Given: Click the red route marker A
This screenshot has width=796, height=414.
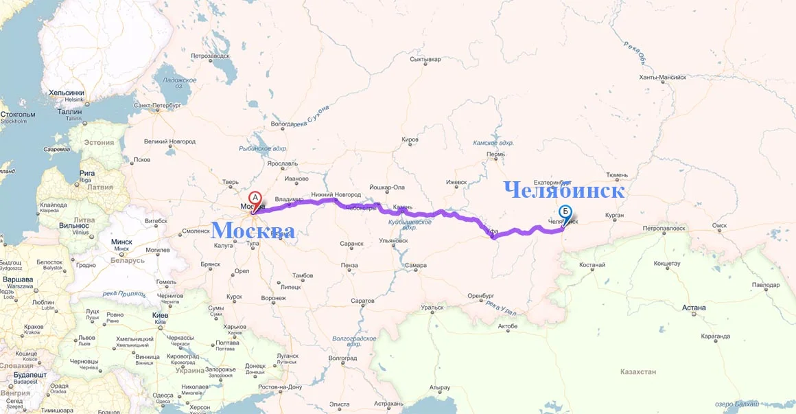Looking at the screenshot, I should pyautogui.click(x=255, y=198).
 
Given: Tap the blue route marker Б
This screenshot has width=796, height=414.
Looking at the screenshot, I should pyautogui.click(x=565, y=212).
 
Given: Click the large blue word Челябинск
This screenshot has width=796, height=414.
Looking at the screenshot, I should pyautogui.click(x=564, y=190).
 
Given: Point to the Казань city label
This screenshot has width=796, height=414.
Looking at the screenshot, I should pyautogui.click(x=403, y=207).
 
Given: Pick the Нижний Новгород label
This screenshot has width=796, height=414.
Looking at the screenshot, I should pyautogui.click(x=336, y=194).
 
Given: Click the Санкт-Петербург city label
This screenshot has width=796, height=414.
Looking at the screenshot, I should pyautogui.click(x=157, y=106).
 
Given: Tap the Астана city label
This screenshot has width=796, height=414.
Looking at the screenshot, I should pyautogui.click(x=694, y=308).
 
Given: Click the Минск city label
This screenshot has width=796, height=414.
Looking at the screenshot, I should pyautogui.click(x=122, y=242).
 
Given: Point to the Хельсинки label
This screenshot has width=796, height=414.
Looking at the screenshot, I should pyautogui.click(x=67, y=93).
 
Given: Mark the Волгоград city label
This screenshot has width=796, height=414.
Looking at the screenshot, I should pyautogui.click(x=342, y=358).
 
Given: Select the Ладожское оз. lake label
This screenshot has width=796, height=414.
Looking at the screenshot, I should pyautogui.click(x=180, y=82).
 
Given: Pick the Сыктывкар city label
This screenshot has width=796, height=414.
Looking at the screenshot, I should pyautogui.click(x=425, y=59).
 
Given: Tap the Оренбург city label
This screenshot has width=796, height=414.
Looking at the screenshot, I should pyautogui.click(x=480, y=296).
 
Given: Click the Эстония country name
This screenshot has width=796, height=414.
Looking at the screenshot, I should pyautogui.click(x=99, y=143).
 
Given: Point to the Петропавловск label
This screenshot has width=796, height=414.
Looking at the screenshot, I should pyautogui.click(x=664, y=227).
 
